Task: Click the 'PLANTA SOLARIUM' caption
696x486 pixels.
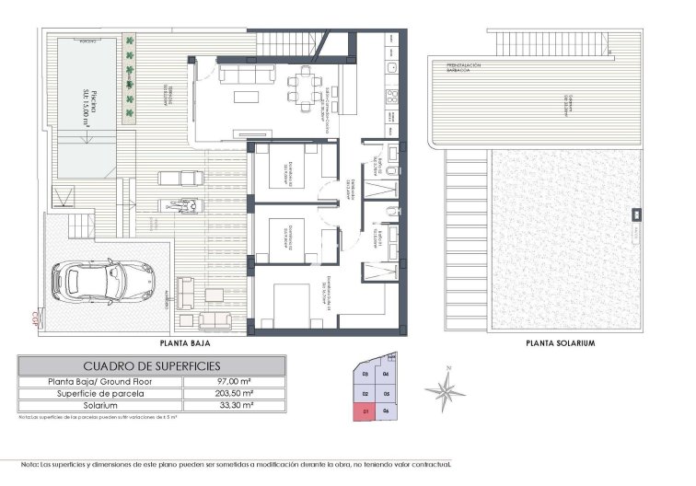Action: pos(560,343)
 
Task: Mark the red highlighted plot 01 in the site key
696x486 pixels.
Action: pos(365,411)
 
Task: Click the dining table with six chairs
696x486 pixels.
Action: pos(302,88)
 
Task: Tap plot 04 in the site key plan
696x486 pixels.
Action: pos(386,375)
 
